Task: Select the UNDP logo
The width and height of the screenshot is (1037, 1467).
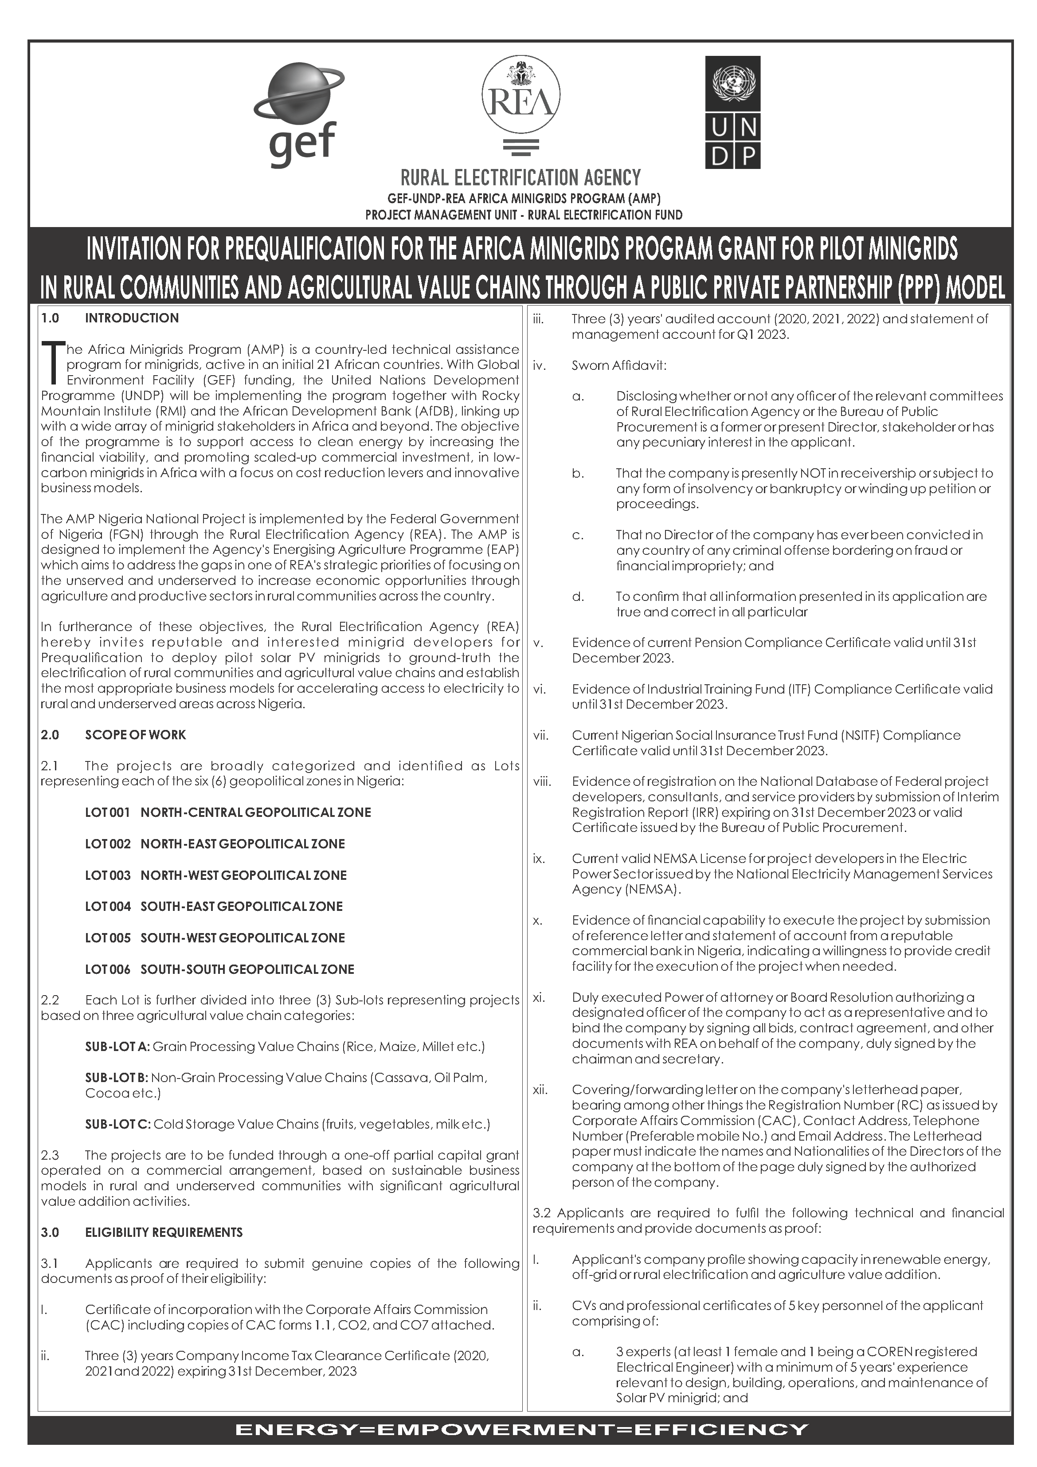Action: [x=732, y=113]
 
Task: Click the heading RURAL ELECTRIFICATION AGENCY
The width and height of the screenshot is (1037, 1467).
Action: [x=520, y=177]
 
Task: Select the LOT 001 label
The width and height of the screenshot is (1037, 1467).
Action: [x=107, y=812]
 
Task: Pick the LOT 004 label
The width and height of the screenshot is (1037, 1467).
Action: [x=107, y=906]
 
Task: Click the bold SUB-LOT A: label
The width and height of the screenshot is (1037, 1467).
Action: [x=117, y=1047]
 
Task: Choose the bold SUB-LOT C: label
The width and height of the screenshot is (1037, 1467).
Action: [x=117, y=1124]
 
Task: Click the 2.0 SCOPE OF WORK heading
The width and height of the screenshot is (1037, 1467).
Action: [x=113, y=735]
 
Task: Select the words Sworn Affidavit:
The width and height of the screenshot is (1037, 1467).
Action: [x=618, y=366]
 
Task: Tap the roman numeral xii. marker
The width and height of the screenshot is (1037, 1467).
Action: [x=540, y=1090]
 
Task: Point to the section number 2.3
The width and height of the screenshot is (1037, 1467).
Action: [x=50, y=1155]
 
